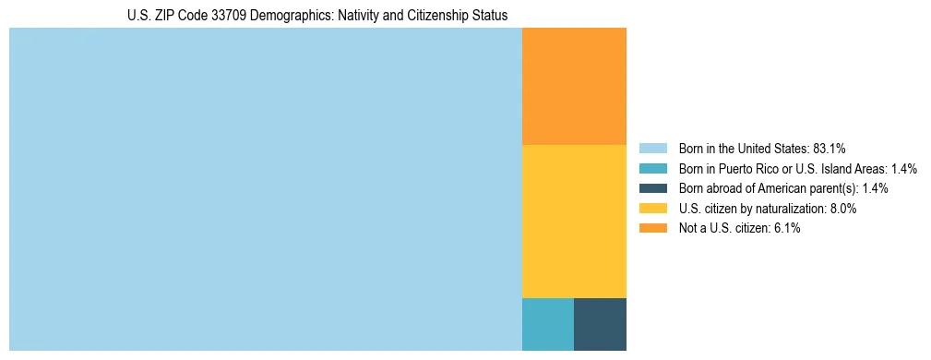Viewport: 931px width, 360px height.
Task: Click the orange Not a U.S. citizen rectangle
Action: [x=574, y=86]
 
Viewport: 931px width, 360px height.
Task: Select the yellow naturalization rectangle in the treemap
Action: [x=574, y=222]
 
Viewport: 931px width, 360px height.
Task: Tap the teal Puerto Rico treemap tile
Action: [x=548, y=324]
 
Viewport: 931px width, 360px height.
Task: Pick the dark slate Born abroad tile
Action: [x=600, y=324]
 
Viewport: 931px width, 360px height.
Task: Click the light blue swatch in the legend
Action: [x=652, y=148]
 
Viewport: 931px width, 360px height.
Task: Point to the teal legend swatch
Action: [x=652, y=168]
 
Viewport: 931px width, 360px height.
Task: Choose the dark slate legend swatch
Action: [x=652, y=188]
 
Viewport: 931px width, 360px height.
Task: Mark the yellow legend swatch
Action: [x=652, y=209]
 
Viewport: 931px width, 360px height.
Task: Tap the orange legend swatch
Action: [x=652, y=229]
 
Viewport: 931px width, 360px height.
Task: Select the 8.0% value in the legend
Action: [x=840, y=209]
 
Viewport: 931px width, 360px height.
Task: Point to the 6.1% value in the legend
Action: [x=784, y=229]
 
